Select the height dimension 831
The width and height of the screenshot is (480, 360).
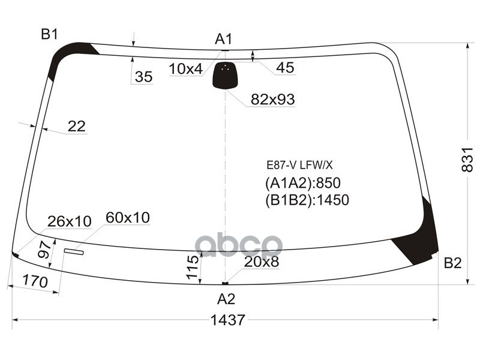point(467,160)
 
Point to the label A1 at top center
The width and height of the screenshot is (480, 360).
point(223,40)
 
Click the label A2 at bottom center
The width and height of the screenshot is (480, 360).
point(226,299)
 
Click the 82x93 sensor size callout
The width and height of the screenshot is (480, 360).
point(272,100)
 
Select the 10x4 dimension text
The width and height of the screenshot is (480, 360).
point(185,69)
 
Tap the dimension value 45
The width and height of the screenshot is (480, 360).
point(285,68)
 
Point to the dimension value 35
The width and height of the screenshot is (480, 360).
point(143,77)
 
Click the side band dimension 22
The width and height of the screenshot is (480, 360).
point(76,126)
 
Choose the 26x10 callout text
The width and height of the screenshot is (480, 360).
point(70,221)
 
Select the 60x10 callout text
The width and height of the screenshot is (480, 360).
point(128,217)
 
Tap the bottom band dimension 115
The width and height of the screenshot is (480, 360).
point(192,267)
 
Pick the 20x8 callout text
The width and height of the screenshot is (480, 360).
point(262,262)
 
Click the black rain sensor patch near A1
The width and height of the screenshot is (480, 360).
point(225,75)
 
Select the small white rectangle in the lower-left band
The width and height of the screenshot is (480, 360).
point(76,251)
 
